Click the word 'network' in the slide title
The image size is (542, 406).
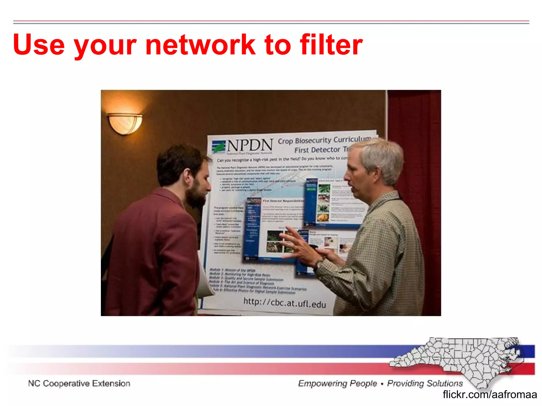[200, 45]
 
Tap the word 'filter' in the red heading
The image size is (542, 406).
[331, 45]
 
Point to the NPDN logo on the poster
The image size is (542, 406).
[242, 146]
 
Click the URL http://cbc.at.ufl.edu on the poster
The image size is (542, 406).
[284, 302]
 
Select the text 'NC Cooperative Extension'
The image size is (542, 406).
[79, 384]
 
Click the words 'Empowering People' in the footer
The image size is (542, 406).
[337, 384]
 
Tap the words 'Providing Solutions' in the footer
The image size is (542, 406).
[425, 384]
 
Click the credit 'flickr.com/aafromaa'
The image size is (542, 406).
[490, 395]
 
